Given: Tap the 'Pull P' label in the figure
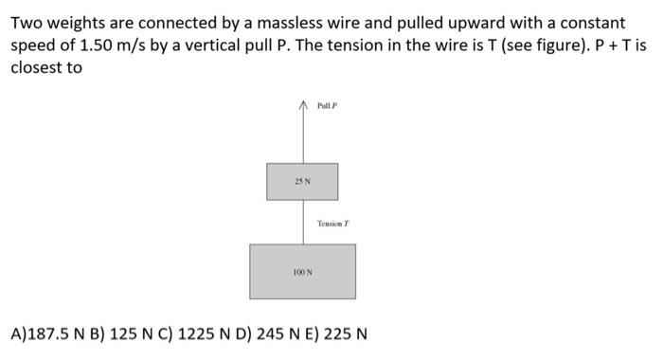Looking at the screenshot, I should tap(328, 106).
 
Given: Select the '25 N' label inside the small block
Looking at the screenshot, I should tap(301, 180).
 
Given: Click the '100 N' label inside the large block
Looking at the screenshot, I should tap(302, 272).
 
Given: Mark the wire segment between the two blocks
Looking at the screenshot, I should tap(302, 222).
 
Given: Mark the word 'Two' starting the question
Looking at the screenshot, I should tap(26, 22).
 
